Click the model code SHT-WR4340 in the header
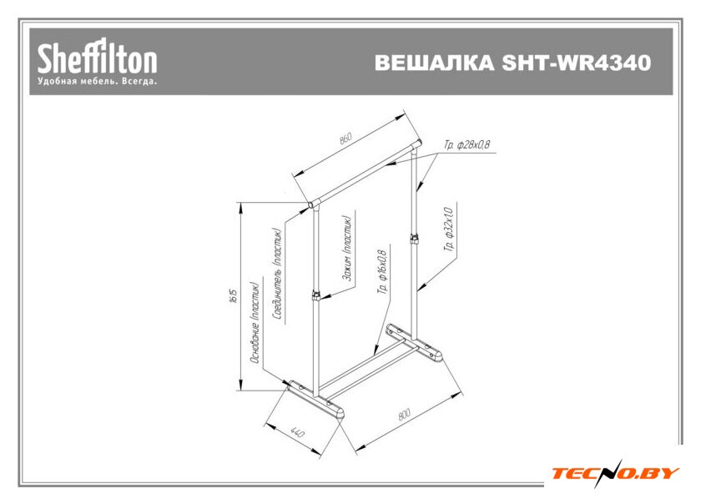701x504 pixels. pos(577,63)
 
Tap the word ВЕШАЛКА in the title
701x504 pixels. pos(436,63)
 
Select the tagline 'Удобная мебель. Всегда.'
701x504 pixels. pos(97,83)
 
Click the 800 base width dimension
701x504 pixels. pos(404,414)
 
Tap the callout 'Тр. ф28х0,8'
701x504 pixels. pos(467,145)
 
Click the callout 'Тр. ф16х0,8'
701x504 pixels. pos(383,271)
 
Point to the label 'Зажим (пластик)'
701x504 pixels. pos(345,249)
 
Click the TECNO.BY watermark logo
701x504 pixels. pos(614,473)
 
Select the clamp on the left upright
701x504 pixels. pos(315,295)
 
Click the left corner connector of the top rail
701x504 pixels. pos(312,202)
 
